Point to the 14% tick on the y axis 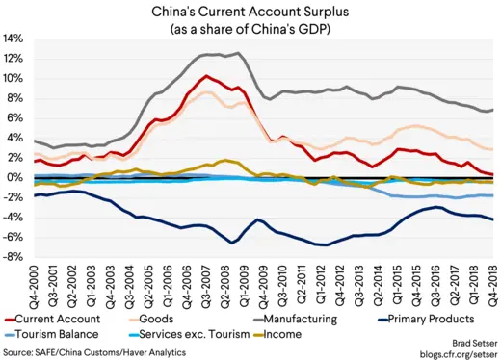pos(13,39)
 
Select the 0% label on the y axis pos(16,177)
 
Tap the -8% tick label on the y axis pos(13,257)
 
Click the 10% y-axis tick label pos(13,78)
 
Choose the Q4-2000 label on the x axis pos(35,284)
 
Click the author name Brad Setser pos(466,341)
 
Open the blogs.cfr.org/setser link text pos(453,352)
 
